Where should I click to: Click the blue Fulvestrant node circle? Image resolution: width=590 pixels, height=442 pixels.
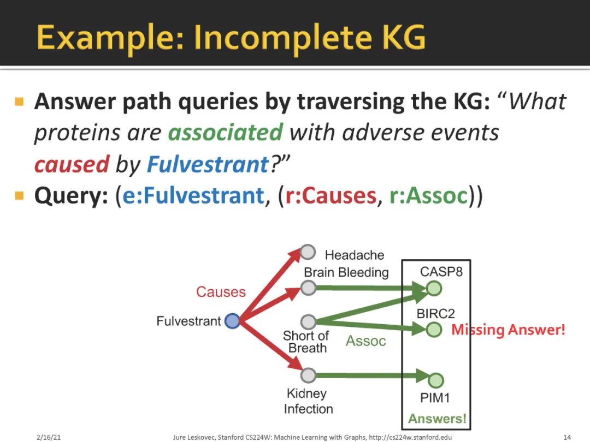click(232, 321)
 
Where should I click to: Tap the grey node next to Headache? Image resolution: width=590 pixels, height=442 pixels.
click(308, 252)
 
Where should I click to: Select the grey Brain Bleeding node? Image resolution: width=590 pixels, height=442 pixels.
click(308, 288)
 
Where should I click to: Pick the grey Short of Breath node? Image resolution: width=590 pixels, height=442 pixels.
click(308, 321)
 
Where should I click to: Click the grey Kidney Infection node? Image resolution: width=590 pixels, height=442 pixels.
click(308, 375)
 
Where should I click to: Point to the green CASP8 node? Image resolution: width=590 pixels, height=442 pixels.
click(434, 288)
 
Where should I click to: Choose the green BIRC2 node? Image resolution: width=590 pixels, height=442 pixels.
click(434, 330)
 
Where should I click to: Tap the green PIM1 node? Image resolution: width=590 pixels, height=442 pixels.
click(435, 380)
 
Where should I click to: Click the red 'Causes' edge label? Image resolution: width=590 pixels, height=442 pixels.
click(221, 292)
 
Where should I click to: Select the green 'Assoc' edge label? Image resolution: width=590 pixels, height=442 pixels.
click(365, 341)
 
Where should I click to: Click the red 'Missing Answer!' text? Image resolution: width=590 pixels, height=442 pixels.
click(508, 330)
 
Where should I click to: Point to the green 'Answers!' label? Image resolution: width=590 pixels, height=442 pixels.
click(437, 419)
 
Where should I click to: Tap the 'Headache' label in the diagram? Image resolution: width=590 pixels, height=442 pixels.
click(355, 255)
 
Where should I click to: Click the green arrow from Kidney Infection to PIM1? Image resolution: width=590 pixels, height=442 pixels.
click(371, 375)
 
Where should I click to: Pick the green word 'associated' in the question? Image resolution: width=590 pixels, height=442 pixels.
click(225, 132)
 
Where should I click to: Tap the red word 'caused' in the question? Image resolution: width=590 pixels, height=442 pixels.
click(72, 164)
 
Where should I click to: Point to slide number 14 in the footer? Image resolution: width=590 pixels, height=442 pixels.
click(567, 437)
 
